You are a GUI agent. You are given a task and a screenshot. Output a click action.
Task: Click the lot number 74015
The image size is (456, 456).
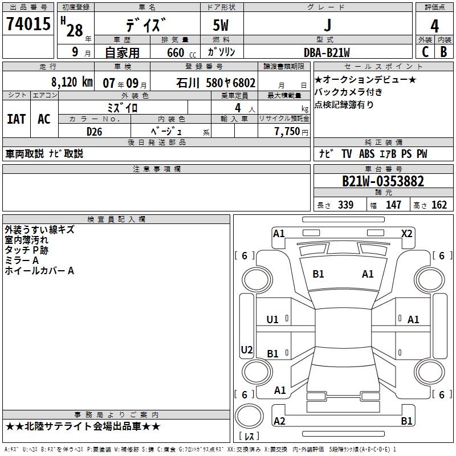point(28,25)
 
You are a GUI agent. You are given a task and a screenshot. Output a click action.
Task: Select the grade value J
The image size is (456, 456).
point(327,25)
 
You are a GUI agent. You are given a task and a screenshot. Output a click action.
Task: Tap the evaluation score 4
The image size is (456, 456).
point(434,26)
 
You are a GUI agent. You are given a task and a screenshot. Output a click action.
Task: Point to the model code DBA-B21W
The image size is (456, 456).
point(327,52)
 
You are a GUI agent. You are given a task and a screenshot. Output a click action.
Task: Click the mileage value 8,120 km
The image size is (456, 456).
point(71,82)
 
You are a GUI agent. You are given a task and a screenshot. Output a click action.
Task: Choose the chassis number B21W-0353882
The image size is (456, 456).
point(382,181)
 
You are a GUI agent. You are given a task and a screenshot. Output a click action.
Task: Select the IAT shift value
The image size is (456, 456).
point(16,119)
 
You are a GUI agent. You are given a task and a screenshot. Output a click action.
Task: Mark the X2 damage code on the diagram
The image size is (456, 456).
point(406,233)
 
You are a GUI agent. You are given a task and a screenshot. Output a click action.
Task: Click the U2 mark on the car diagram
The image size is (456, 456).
point(247,349)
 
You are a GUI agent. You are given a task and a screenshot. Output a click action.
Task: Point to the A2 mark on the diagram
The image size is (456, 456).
point(279,421)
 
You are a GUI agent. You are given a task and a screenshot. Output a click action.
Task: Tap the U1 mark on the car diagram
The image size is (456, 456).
point(272,320)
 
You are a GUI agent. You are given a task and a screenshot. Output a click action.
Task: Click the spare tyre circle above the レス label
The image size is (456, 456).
point(249,416)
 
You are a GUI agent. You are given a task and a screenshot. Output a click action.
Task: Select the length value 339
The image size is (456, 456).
point(345,205)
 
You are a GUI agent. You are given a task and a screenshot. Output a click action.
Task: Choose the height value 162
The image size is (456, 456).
point(439,205)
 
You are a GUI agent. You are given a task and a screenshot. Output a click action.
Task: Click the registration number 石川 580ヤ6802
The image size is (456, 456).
point(216,82)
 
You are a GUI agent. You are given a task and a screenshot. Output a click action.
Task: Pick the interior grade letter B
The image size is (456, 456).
point(443,52)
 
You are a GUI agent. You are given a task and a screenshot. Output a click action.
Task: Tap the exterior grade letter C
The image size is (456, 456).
point(425,52)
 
